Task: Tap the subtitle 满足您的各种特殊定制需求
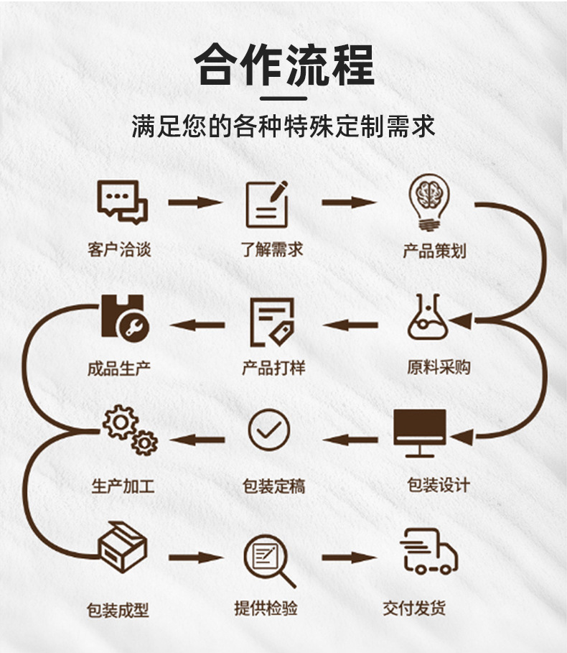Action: click(x=283, y=126)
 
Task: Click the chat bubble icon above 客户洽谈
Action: click(x=122, y=202)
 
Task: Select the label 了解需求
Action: click(x=271, y=249)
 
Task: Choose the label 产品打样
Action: click(x=273, y=368)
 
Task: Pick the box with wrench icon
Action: click(x=124, y=318)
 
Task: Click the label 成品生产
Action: click(x=119, y=369)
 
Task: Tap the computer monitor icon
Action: click(x=420, y=432)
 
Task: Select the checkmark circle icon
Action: click(x=269, y=430)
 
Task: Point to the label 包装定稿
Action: click(x=273, y=486)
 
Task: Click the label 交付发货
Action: click(x=414, y=608)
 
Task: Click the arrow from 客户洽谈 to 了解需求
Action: click(x=195, y=203)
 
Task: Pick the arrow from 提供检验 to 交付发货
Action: click(x=349, y=557)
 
